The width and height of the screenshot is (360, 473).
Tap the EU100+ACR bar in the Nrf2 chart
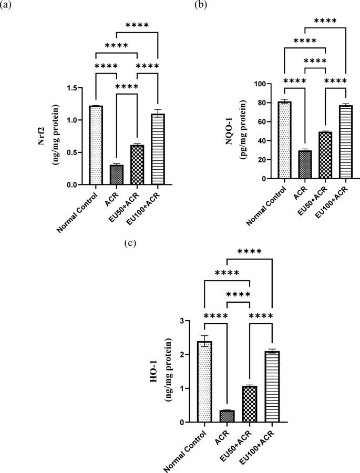click(x=158, y=149)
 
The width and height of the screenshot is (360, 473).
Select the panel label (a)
click(x=8, y=6)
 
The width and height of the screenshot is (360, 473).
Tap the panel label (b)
click(x=200, y=6)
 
